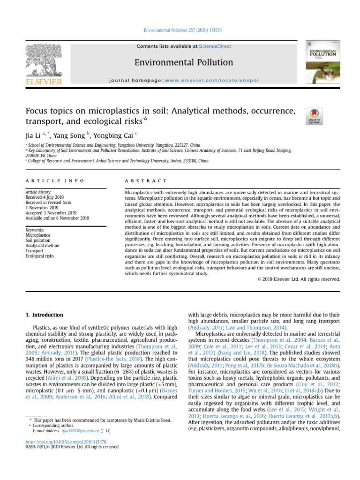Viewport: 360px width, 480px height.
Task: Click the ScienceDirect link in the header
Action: tap(212, 46)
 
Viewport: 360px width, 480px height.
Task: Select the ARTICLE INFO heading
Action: tap(55, 180)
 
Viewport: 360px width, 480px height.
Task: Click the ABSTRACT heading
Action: tap(145, 180)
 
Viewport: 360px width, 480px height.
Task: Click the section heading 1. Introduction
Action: tap(46, 315)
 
